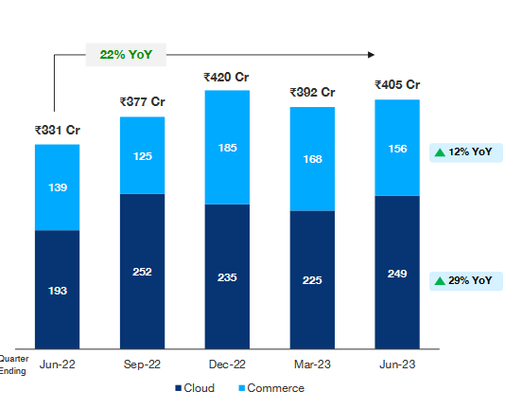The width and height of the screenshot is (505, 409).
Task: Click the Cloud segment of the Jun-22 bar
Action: pos(57,289)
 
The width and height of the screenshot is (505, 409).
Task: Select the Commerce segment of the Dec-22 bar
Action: pos(226,148)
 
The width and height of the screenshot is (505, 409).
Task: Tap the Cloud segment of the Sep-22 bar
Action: pos(142,271)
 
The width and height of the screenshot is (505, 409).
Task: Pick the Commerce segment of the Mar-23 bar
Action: pos(311,159)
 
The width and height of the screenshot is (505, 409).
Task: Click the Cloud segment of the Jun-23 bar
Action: pos(397,273)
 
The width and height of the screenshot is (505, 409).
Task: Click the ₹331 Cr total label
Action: pos(57,131)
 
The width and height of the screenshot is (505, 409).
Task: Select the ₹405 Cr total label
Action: pos(397,85)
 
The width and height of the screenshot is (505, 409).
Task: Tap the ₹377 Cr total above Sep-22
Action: pos(142,102)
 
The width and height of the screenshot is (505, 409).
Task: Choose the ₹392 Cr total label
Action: pos(311,92)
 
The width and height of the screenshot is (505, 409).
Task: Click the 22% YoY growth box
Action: pos(126,54)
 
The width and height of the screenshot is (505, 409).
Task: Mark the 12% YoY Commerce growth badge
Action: pos(463,152)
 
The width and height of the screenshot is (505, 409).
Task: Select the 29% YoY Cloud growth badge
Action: pos(463,280)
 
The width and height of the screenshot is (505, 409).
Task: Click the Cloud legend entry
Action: pos(195,388)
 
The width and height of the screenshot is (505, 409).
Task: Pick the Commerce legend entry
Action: pos(270,388)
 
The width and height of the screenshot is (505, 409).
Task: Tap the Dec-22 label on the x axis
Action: pos(226,365)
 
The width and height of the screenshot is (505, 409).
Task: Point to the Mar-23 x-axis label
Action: pos(311,365)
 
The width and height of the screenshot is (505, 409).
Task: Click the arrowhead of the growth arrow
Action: pos(374,54)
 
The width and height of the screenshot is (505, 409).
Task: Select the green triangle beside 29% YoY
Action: pos(440,280)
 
